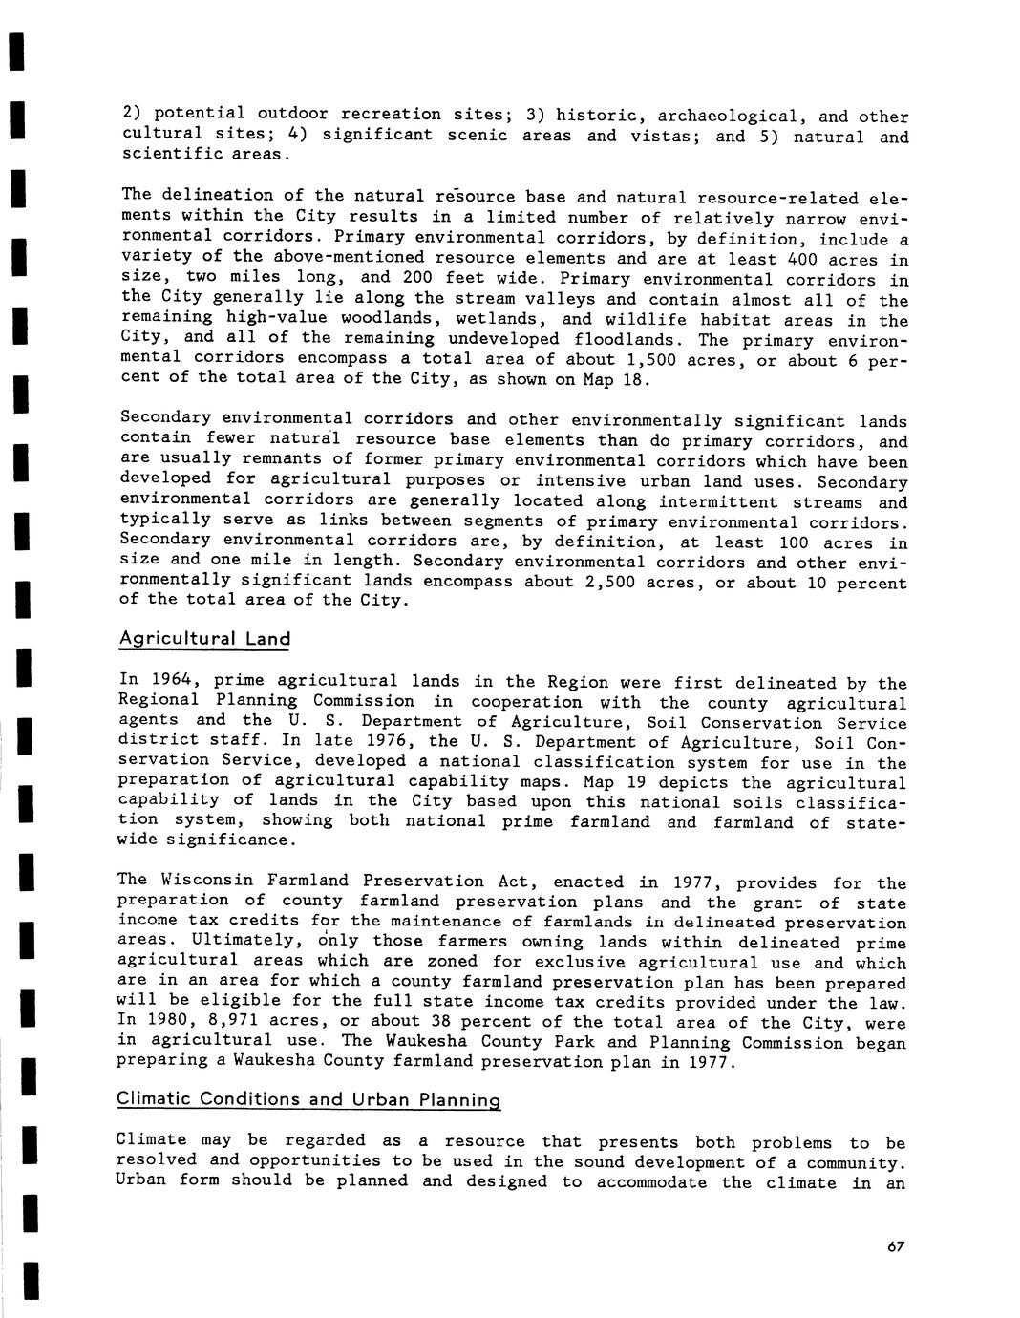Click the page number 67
pyautogui.click(x=895, y=1246)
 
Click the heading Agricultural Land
pyautogui.click(x=205, y=638)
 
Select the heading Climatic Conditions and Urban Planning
pyautogui.click(x=308, y=1099)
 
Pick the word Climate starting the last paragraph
pyautogui.click(x=150, y=1140)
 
